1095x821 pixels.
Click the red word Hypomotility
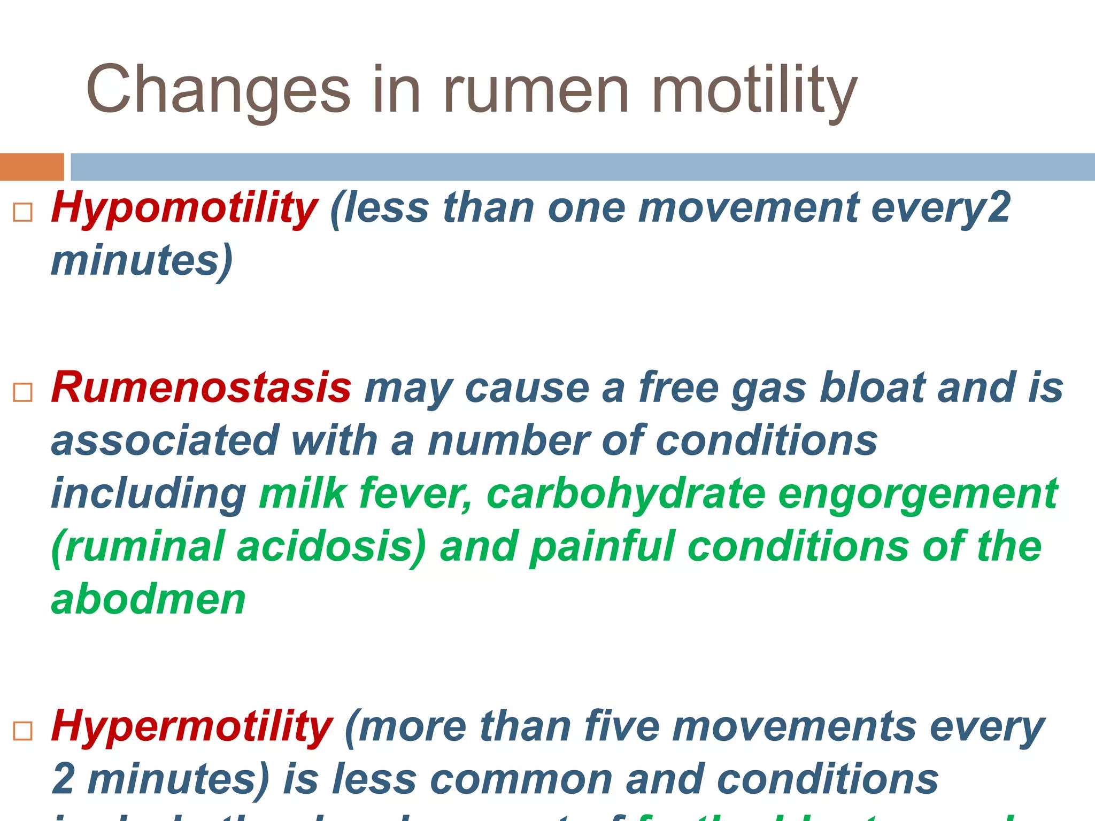point(184,208)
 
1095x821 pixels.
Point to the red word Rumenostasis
point(201,388)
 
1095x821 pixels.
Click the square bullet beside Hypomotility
point(22,212)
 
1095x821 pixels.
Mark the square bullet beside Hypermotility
point(22,731)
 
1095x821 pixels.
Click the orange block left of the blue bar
point(32,167)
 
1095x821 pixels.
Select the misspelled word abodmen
point(148,600)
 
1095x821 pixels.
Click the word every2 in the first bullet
point(941,208)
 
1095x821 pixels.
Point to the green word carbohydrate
point(626,494)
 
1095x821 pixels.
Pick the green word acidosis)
point(331,547)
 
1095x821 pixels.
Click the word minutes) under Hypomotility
point(142,261)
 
